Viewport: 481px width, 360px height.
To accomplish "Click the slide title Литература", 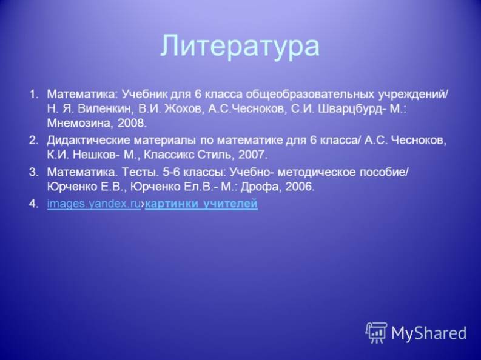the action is (x=240, y=47).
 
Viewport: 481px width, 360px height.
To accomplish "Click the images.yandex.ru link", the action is (x=94, y=204).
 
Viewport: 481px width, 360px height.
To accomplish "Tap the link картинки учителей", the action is (x=201, y=204).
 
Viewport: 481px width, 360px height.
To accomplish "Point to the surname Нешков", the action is (x=96, y=155).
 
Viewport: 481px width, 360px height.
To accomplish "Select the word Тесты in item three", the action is (x=138, y=173).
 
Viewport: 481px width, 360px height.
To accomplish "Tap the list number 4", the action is (x=33, y=204).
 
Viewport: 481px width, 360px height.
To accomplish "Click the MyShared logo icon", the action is (x=376, y=333).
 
